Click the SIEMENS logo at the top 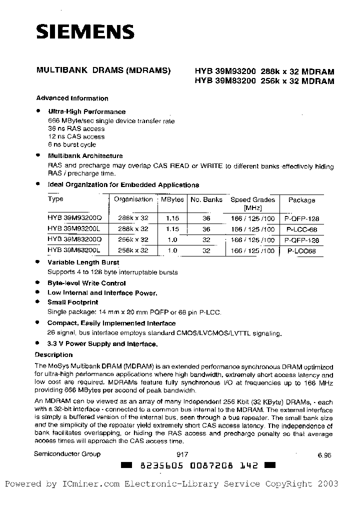(84, 32)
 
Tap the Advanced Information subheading (72, 98)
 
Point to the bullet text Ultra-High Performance (86, 112)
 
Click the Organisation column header (133, 199)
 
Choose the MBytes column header (172, 199)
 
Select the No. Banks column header (206, 199)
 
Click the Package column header (302, 200)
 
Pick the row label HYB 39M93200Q (74, 218)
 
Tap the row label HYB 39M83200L (74, 250)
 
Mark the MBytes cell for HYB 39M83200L (172, 250)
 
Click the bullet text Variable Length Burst (83, 262)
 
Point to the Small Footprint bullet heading (73, 302)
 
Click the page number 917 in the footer (182, 454)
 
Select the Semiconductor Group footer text (67, 454)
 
